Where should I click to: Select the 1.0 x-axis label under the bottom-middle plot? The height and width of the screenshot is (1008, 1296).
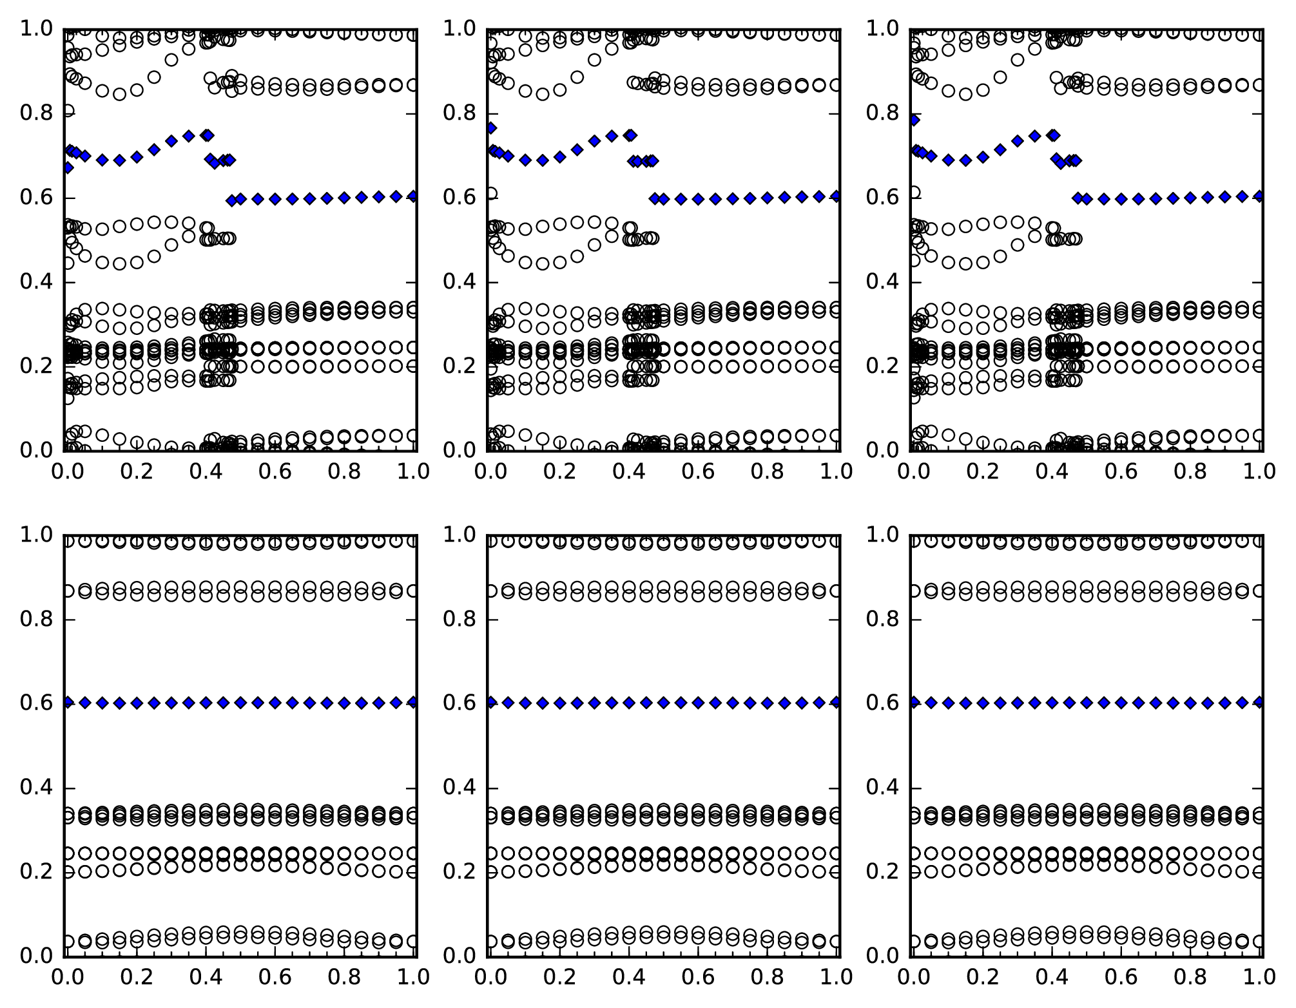click(836, 977)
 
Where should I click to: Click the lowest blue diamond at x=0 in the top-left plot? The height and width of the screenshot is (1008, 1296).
click(67, 167)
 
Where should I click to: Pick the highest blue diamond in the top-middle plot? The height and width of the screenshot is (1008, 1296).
click(491, 128)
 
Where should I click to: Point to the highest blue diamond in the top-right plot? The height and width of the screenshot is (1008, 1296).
click(914, 120)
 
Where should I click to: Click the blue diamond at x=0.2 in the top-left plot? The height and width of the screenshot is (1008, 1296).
click(137, 157)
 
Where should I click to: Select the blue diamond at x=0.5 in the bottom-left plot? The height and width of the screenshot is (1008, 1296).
click(240, 703)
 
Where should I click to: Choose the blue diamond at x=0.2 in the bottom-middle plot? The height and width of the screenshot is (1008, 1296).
click(560, 703)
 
